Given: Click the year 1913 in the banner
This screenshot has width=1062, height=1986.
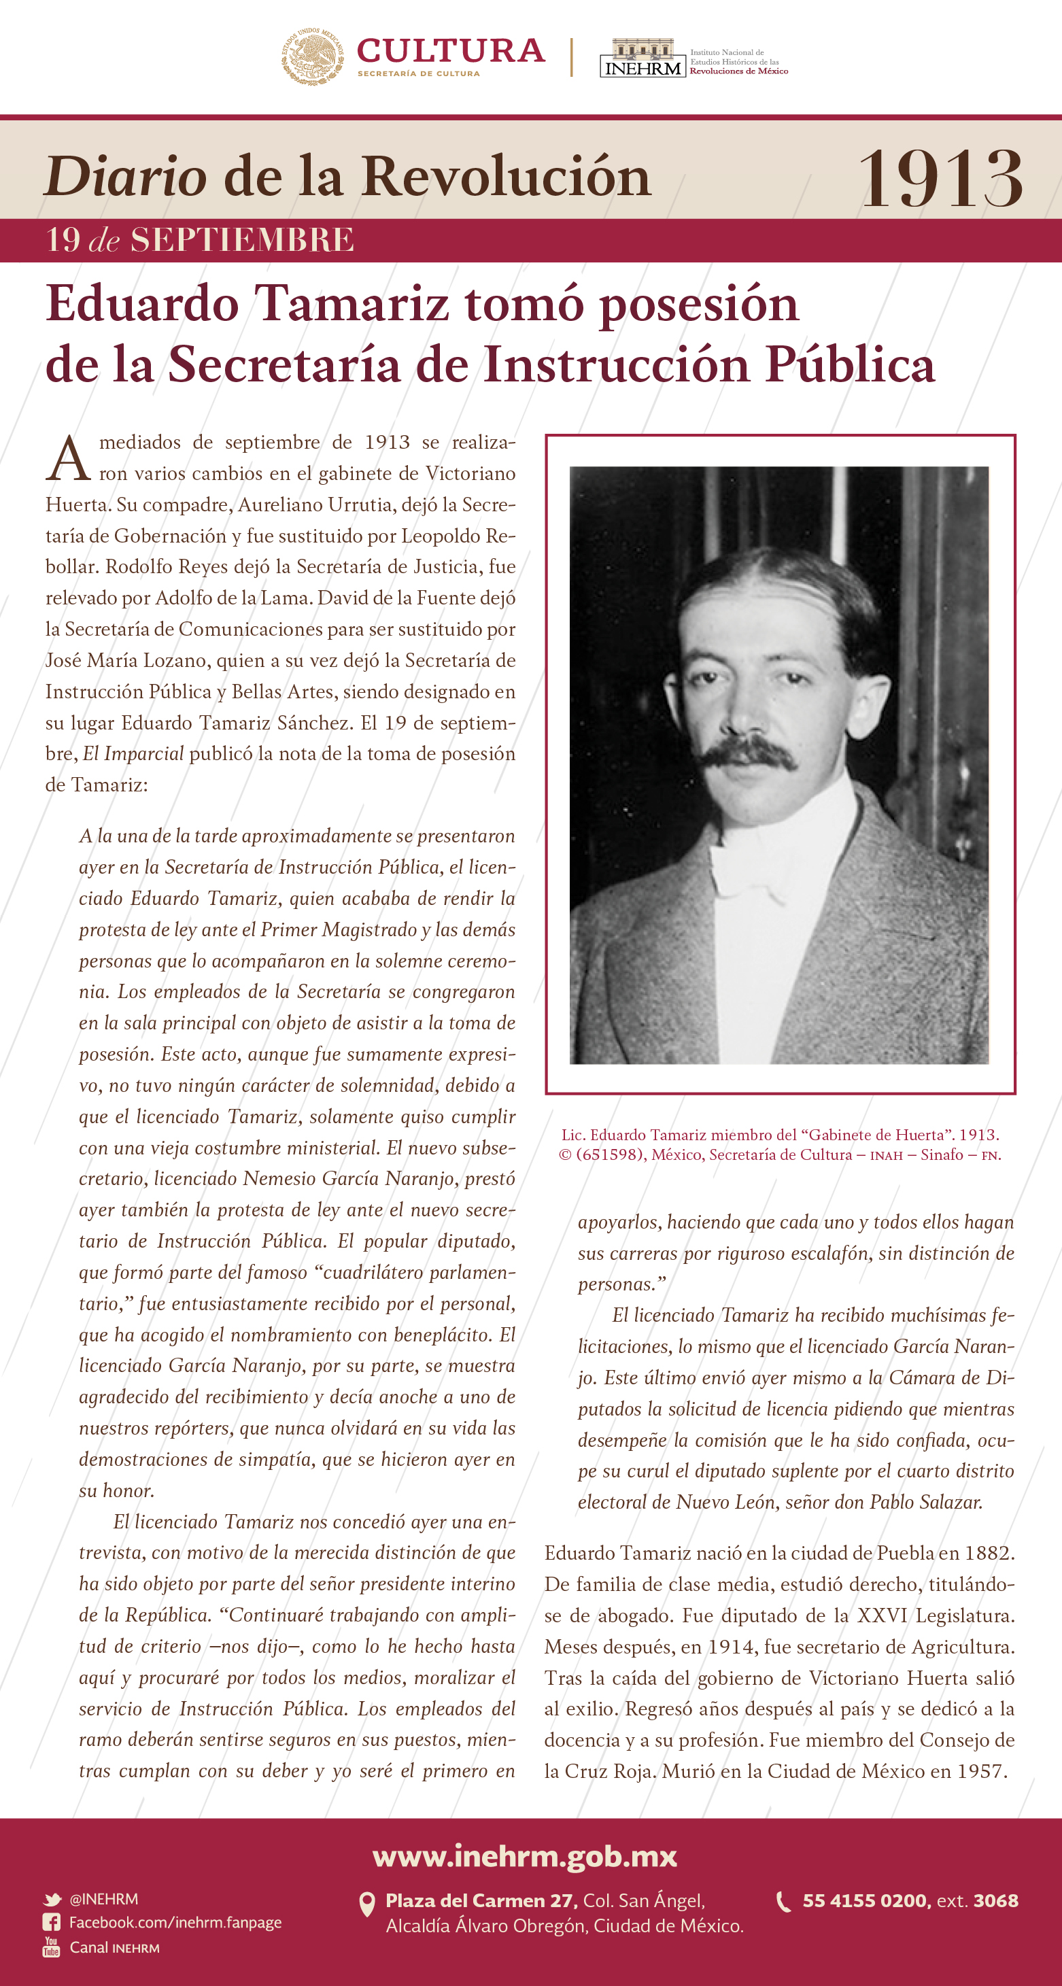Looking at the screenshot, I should pos(940,179).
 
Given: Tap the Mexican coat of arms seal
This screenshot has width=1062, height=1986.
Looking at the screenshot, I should pos(312,56).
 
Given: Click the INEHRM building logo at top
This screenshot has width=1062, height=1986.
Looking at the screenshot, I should pos(643,58).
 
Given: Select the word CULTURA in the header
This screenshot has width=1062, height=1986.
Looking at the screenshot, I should pos(451,51).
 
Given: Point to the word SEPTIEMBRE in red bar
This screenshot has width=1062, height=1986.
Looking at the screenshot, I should pos(242,240).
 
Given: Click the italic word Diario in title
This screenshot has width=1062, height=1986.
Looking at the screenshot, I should pos(126,177).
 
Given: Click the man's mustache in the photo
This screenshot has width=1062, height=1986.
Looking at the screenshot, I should pos(748,752).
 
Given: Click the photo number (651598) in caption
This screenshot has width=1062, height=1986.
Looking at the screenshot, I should pos(611,1154).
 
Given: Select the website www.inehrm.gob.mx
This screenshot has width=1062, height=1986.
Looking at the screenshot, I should pos(525,1856).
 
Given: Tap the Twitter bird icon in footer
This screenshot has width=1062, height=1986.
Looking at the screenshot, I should pos(52,1900).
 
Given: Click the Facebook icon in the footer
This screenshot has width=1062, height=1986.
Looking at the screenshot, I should pos(52,1923).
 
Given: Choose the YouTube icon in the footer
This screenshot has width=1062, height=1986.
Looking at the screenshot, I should pos(52,1947).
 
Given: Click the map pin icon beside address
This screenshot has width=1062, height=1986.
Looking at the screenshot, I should pos(368,1904).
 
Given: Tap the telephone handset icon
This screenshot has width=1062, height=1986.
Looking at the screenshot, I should pos(783,1902).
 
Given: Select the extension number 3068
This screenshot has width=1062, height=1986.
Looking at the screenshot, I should pos(996,1901).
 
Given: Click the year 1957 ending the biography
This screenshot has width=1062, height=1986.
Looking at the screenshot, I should pos(982,1772).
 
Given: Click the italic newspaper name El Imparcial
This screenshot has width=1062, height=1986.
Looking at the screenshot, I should pos(133,754).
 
